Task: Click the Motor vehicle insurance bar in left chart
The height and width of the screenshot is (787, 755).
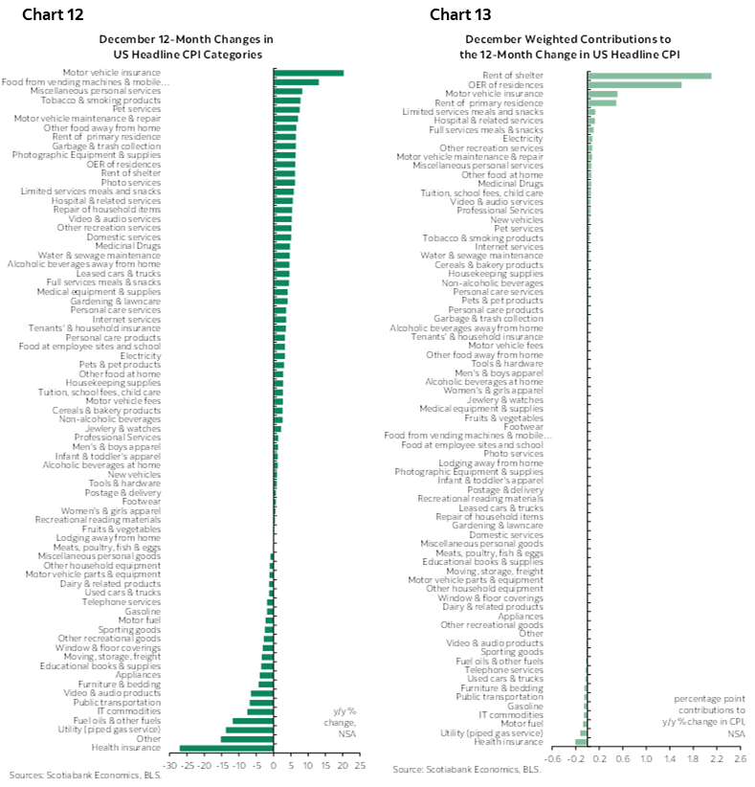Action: [x=308, y=73]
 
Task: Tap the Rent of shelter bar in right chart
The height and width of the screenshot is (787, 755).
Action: [x=649, y=76]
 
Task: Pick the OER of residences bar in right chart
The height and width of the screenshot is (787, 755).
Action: [x=634, y=84]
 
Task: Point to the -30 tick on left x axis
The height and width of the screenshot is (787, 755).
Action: [x=169, y=766]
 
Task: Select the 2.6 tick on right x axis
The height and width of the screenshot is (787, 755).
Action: [x=739, y=759]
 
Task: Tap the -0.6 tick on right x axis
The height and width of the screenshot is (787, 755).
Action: [x=553, y=759]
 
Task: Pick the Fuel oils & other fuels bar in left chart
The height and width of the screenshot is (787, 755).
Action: [x=253, y=721]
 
